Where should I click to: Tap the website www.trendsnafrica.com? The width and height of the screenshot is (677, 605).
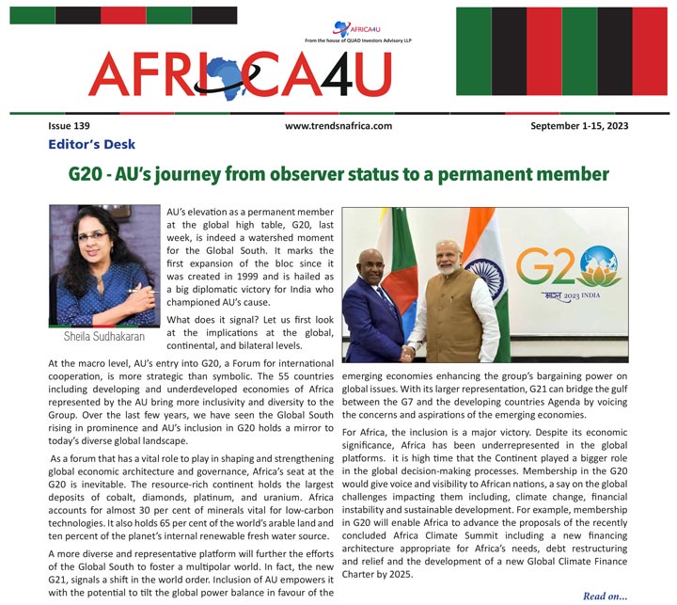click(338, 125)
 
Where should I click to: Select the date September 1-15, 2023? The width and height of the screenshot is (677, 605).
click(579, 125)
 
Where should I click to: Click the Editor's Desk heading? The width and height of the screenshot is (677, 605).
click(91, 144)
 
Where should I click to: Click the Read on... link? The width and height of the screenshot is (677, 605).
click(606, 596)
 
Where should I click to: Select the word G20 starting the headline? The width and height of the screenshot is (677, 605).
click(87, 175)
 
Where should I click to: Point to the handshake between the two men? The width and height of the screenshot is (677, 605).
click(408, 352)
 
